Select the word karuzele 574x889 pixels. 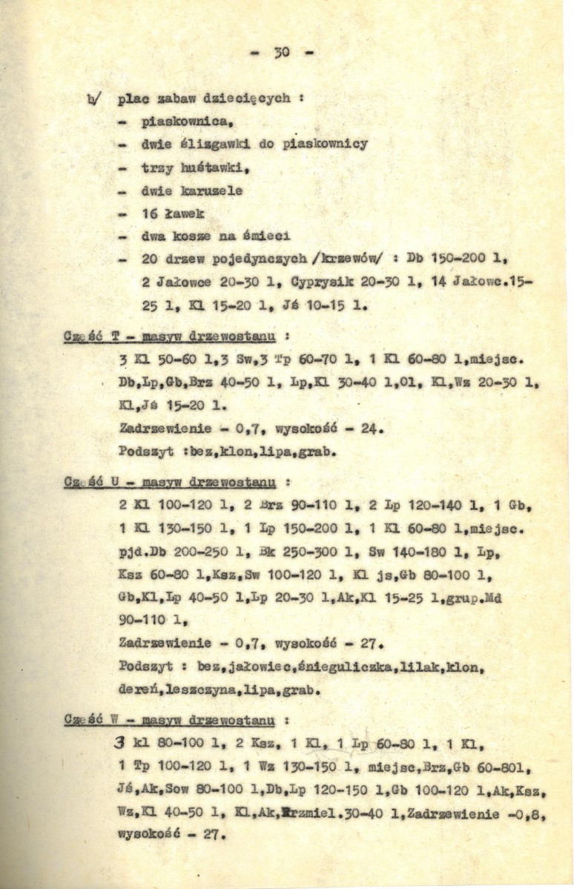(212, 191)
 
